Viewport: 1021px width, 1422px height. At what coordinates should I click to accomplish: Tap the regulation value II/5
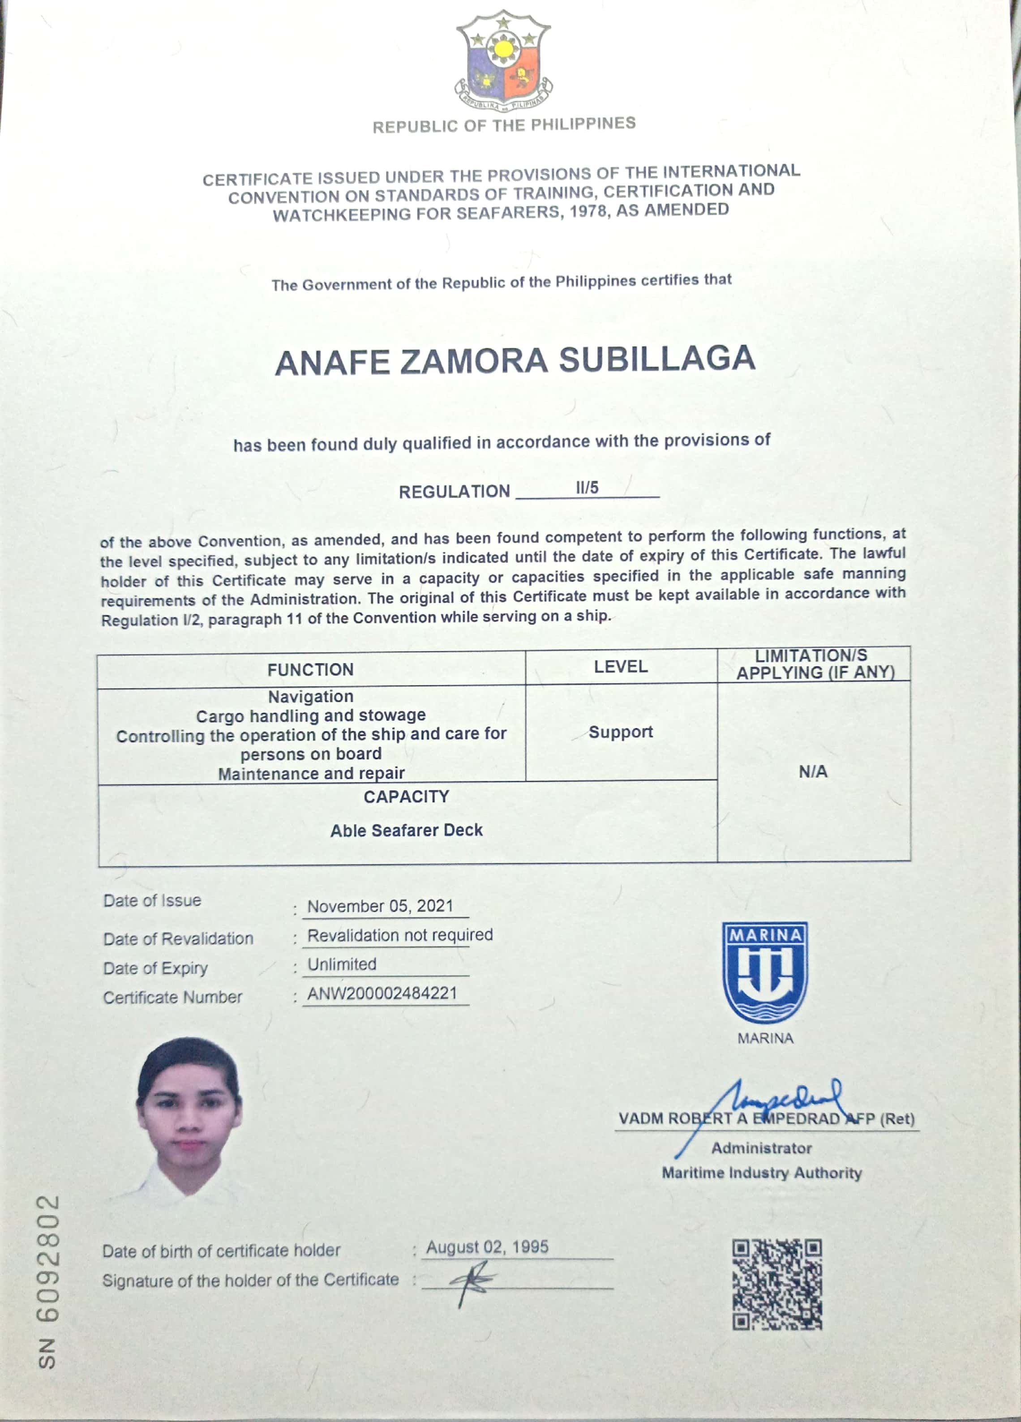pyautogui.click(x=587, y=487)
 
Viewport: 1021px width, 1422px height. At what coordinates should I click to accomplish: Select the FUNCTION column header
pyautogui.click(x=310, y=670)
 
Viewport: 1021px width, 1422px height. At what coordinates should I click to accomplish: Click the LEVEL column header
pyautogui.click(x=620, y=667)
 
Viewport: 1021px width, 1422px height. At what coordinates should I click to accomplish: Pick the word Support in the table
pyautogui.click(x=620, y=732)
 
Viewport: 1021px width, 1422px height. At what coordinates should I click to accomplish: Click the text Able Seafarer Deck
pyautogui.click(x=407, y=830)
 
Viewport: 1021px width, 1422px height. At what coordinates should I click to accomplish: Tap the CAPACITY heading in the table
pyautogui.click(x=407, y=797)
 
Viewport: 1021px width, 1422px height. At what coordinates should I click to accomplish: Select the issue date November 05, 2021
pyautogui.click(x=380, y=906)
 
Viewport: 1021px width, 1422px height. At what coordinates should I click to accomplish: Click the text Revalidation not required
pyautogui.click(x=399, y=935)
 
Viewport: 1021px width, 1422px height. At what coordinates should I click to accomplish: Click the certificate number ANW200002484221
pyautogui.click(x=382, y=993)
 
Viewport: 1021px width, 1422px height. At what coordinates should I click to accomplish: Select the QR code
pyautogui.click(x=777, y=1284)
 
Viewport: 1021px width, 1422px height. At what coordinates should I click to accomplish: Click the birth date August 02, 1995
pyautogui.click(x=487, y=1247)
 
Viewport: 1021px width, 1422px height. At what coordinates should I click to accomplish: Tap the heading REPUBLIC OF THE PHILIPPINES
pyautogui.click(x=504, y=125)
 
